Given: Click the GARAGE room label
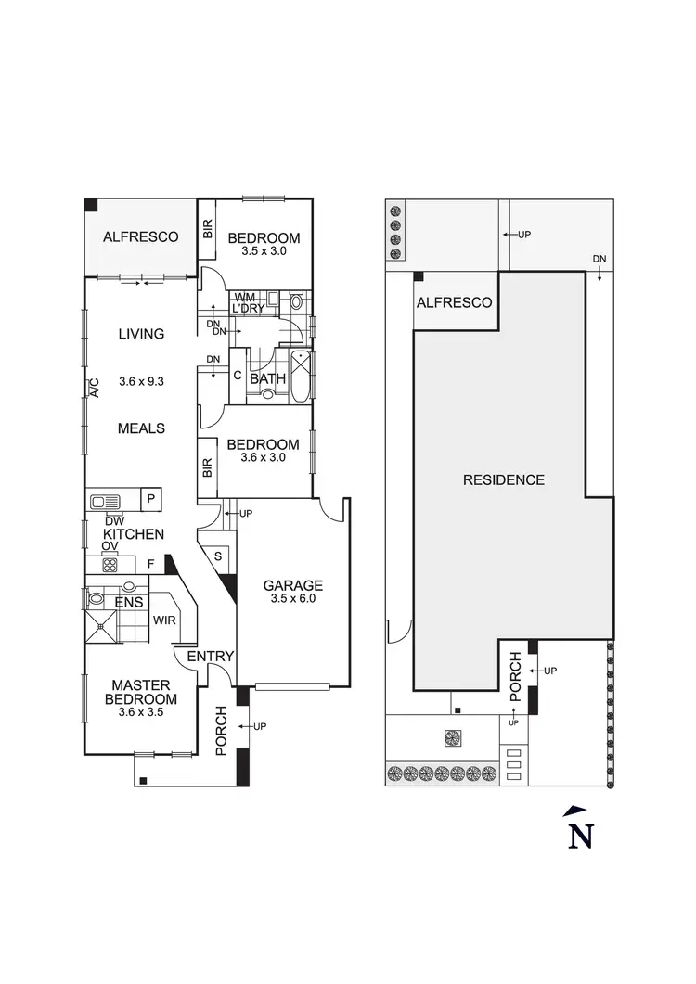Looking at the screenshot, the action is tap(292, 585).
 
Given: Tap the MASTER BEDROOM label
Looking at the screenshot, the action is tap(140, 692).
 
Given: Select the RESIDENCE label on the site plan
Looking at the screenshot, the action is tap(504, 479).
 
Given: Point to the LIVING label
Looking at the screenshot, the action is tap(141, 334).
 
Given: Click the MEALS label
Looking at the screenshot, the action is tap(141, 428).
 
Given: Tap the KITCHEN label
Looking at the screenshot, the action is tap(134, 534).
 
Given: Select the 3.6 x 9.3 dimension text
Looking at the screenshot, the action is tap(141, 381).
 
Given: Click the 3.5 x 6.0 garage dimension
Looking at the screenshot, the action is tap(292, 599).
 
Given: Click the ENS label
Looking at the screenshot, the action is tap(128, 603).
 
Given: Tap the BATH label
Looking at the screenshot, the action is tap(267, 378).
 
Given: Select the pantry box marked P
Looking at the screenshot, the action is tap(150, 500).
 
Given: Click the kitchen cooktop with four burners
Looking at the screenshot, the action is tap(110, 564).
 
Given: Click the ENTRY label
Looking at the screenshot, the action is tap(210, 657).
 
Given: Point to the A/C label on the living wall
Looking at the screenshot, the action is tap(93, 388).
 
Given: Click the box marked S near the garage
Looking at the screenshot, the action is tap(218, 556).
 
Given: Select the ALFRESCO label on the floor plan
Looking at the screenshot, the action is tap(140, 236).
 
